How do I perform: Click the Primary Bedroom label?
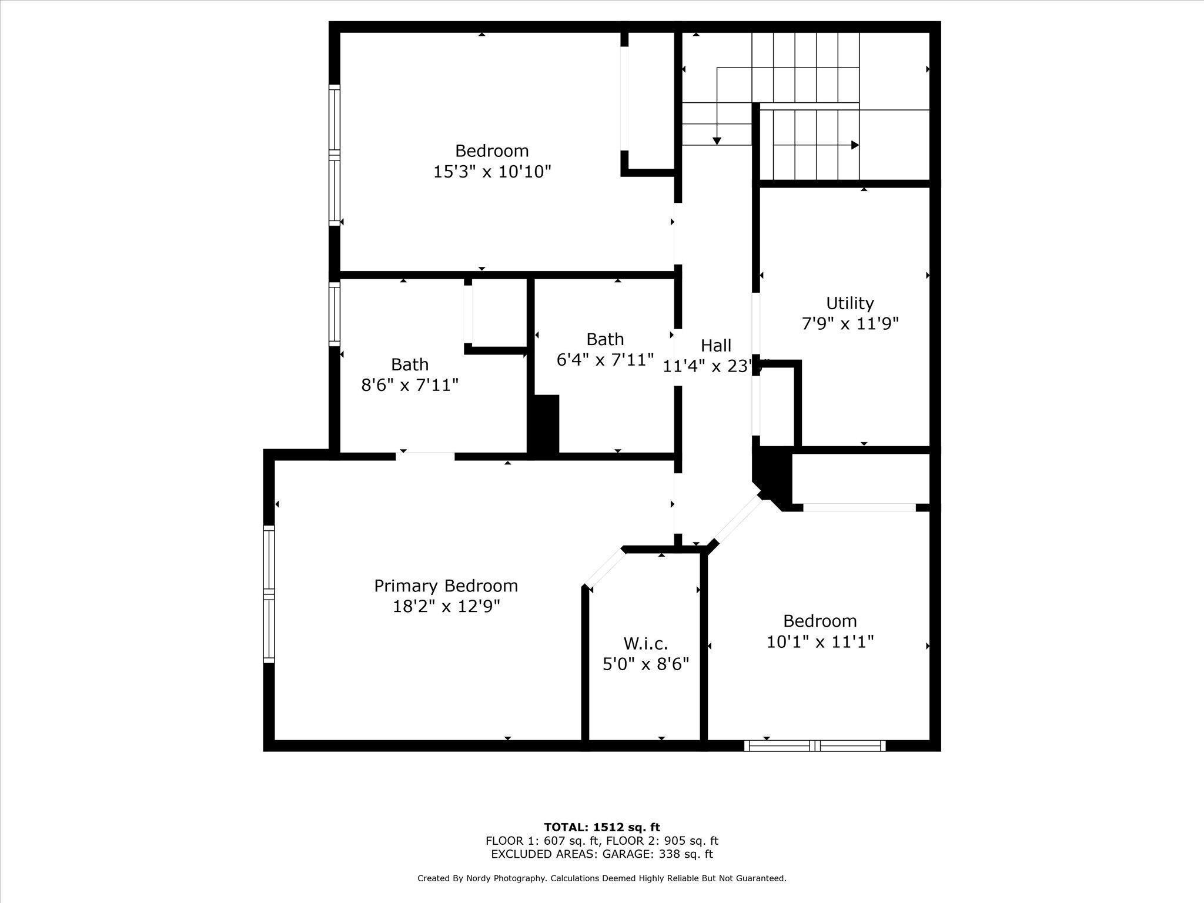(446, 586)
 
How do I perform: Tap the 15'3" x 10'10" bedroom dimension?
(492, 172)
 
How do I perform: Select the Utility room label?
(850, 303)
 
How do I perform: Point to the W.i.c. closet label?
(646, 643)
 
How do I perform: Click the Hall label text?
(715, 345)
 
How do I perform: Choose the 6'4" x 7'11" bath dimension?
(605, 360)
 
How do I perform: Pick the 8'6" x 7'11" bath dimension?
(409, 385)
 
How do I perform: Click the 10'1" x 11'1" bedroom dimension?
(820, 641)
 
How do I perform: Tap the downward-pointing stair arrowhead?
(717, 141)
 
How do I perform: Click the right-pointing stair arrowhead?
(855, 145)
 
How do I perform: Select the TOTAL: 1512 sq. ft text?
(601, 827)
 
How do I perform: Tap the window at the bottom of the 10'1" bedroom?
(814, 746)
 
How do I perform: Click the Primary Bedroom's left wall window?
(269, 594)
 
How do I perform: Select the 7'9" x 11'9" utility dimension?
(850, 324)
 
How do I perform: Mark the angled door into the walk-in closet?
(604, 568)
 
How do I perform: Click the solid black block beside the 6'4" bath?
(544, 423)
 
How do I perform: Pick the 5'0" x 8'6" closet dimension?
(646, 664)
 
